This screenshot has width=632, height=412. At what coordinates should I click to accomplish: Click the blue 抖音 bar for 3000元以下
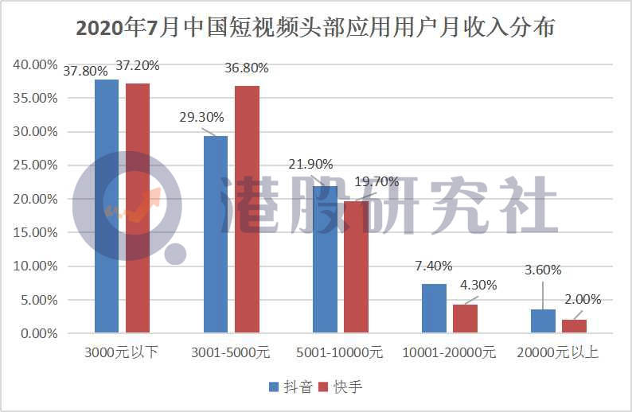(x=107, y=206)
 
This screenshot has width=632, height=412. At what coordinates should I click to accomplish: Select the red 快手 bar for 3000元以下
(x=137, y=208)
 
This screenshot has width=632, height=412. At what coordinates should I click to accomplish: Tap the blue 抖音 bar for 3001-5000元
(x=216, y=234)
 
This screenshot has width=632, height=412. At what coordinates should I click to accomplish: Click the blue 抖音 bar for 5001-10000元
(x=325, y=259)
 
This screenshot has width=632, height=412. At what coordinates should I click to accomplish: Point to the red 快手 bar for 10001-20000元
(x=465, y=318)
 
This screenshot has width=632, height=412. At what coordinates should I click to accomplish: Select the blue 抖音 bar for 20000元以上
(x=543, y=321)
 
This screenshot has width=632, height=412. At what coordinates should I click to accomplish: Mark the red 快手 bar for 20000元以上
(x=574, y=325)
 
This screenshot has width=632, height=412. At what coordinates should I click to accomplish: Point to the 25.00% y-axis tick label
(x=35, y=165)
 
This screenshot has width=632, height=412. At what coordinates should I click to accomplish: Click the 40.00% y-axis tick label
(x=35, y=64)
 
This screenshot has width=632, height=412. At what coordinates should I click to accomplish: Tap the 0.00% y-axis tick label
(x=38, y=333)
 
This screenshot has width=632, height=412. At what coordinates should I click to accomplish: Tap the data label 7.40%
(x=433, y=266)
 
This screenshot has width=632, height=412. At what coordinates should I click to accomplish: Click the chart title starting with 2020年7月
(x=316, y=29)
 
